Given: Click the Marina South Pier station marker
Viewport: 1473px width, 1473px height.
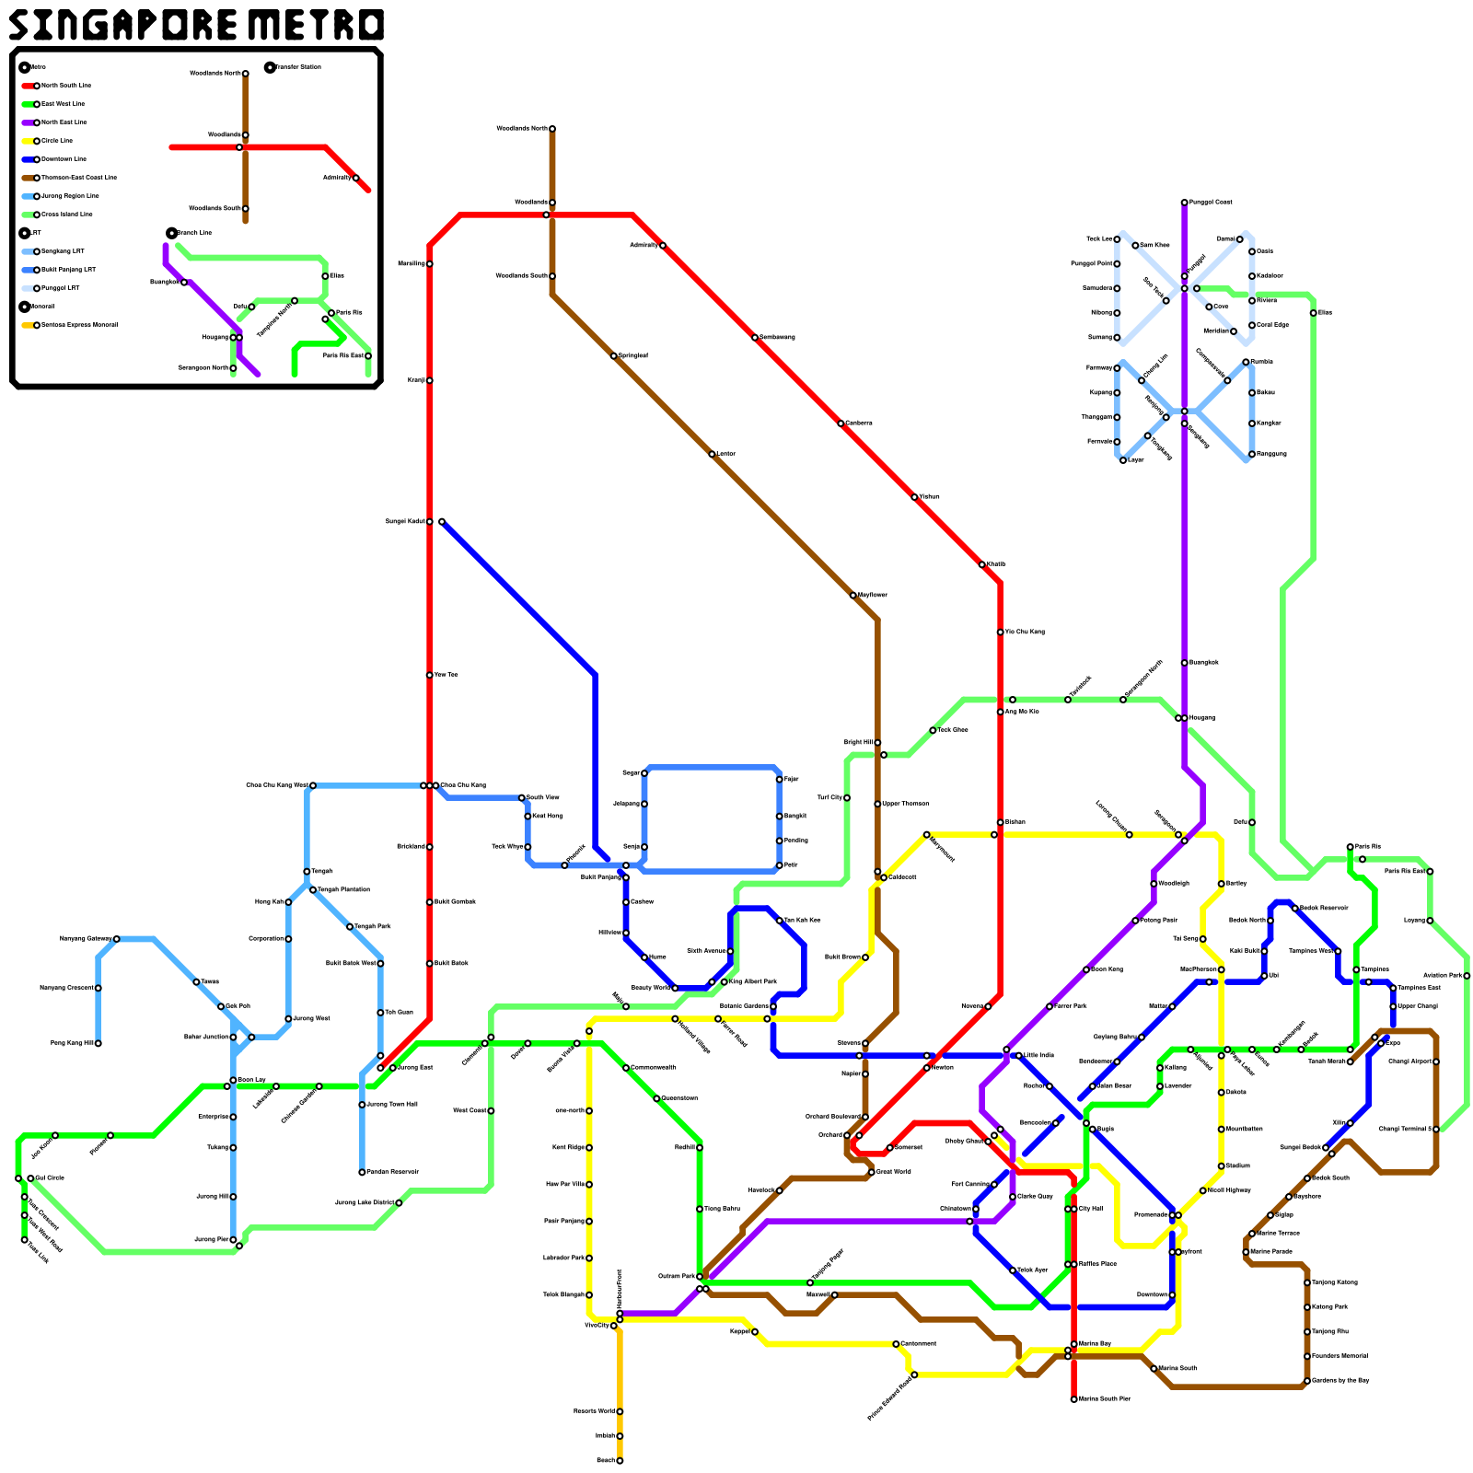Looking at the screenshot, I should click(x=1073, y=1399).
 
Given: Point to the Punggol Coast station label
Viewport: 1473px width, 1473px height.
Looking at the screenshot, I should click(x=1211, y=203).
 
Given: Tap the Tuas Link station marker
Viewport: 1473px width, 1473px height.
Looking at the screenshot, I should click(x=25, y=1240).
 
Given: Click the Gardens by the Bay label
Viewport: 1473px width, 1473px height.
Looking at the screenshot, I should click(x=1340, y=1381).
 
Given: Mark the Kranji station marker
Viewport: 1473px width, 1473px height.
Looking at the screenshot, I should click(x=429, y=380).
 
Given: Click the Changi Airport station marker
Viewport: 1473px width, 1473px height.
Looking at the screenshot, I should click(x=1435, y=1061).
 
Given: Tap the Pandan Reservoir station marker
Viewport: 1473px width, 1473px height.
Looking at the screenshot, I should click(x=362, y=1172).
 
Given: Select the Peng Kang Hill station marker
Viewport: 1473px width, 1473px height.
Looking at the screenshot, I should click(x=98, y=1043).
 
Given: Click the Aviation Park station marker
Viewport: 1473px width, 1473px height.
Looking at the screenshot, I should click(x=1467, y=976).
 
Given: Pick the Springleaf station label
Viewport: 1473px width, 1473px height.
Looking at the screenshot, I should click(x=633, y=355).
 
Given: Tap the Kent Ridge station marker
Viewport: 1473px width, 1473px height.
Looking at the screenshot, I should click(x=589, y=1148).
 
